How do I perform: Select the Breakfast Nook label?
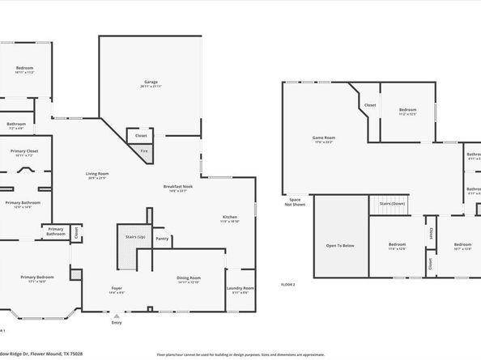[x=178, y=187]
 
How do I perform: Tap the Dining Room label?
[x=189, y=278]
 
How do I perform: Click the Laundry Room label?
[x=241, y=288]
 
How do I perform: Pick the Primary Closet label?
[x=25, y=151]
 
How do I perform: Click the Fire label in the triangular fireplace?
[x=143, y=150]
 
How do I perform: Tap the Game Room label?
[x=324, y=138]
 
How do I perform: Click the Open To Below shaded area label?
[x=339, y=245]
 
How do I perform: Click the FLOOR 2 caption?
[x=287, y=284]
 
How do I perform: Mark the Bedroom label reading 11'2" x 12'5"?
[x=407, y=110]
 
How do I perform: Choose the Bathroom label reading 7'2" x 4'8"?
[x=17, y=124]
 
